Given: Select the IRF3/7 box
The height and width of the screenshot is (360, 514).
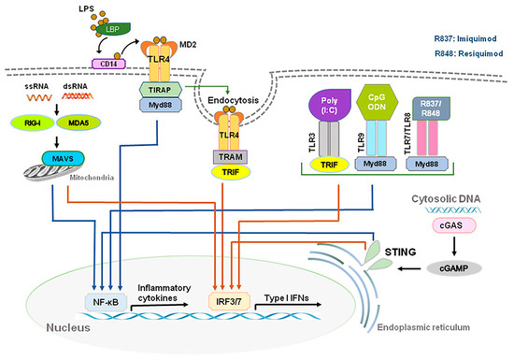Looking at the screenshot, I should [x=236, y=302].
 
